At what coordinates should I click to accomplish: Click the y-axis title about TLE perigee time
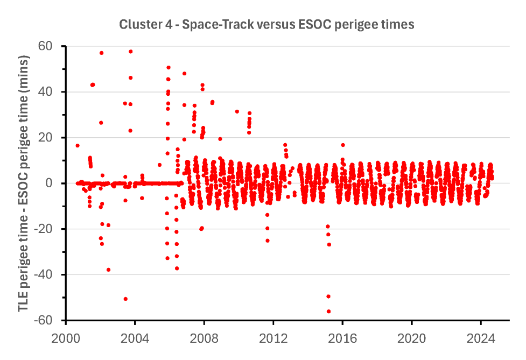click(24, 183)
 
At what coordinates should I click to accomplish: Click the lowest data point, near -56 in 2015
click(328, 311)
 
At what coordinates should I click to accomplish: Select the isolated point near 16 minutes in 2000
click(78, 145)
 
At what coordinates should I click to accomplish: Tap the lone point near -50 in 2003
click(125, 299)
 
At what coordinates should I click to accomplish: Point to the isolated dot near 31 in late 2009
click(237, 111)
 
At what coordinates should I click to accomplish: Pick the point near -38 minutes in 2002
click(108, 270)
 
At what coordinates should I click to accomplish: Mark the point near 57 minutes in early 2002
click(101, 53)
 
